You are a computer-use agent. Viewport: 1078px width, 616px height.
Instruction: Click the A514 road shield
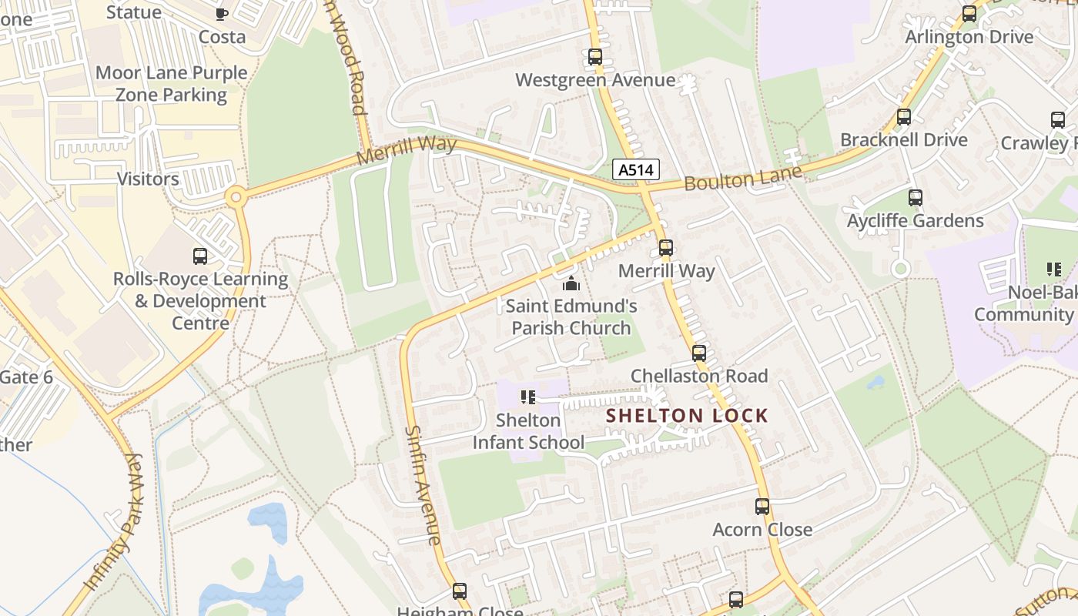pos(637,169)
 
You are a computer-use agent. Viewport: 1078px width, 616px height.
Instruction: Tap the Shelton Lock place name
pos(687,416)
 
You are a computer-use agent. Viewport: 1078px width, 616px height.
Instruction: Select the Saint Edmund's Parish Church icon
pos(571,283)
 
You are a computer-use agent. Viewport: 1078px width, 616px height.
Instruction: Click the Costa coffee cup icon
pos(222,13)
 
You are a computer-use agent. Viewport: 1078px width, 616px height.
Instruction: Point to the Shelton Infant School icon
pos(528,397)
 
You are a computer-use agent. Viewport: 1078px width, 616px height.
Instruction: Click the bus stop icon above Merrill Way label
pos(666,248)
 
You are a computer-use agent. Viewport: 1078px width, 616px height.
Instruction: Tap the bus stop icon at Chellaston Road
pos(699,353)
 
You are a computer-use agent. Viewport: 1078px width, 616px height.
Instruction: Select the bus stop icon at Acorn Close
pos(762,507)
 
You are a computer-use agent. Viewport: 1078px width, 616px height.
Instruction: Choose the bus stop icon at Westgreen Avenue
pos(595,57)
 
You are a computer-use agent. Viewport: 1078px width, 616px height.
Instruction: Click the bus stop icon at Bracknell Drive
pos(904,117)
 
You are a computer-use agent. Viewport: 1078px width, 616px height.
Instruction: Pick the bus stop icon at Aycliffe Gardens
pos(916,198)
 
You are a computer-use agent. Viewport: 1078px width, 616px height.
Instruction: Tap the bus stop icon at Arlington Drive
pos(969,14)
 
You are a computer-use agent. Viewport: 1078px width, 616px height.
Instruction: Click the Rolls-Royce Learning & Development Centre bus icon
pos(200,256)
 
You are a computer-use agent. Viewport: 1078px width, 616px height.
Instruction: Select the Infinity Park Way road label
pos(113,523)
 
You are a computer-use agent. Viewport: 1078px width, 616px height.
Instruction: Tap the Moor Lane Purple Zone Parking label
pos(171,84)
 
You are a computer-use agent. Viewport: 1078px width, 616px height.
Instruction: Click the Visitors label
pos(148,179)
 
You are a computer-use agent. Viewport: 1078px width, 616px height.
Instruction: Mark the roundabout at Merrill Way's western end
pos(236,198)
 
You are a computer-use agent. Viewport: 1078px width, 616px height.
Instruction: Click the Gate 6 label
pos(26,377)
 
